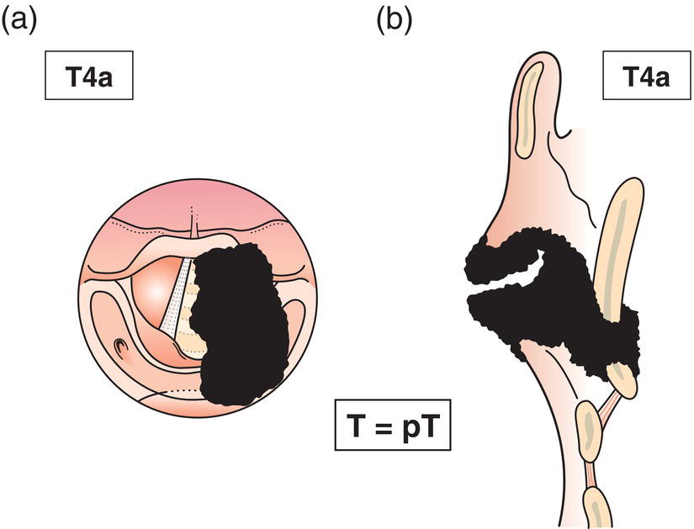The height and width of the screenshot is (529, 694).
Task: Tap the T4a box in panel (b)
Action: click(646, 79)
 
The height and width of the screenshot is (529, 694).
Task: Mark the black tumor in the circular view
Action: click(240, 328)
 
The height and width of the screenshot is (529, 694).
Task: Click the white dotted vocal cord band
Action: click(177, 303)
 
